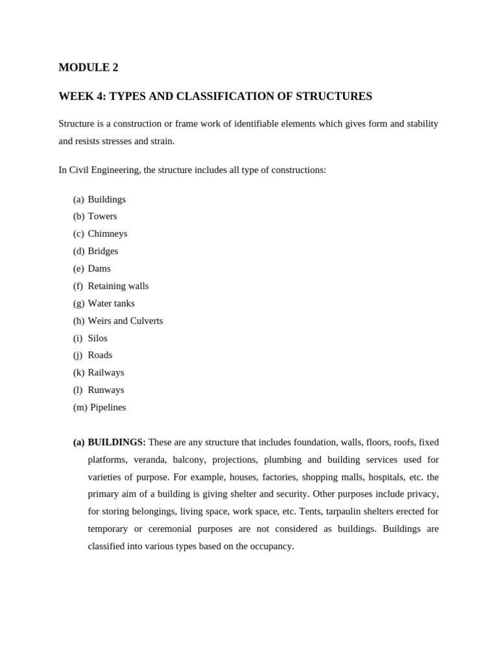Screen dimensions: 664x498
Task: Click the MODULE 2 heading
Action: click(88, 67)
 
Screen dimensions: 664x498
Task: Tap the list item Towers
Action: click(102, 217)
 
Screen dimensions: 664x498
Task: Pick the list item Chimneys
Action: click(108, 234)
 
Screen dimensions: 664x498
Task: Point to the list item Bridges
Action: click(103, 251)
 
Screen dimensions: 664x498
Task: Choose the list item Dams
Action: click(99, 268)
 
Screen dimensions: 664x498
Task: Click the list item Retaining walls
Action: click(118, 286)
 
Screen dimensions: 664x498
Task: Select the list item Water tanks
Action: click(112, 303)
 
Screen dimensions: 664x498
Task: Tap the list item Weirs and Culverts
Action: click(125, 321)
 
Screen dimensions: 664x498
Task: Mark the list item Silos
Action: click(98, 338)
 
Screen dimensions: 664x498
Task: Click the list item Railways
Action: click(106, 373)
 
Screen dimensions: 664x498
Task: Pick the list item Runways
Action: click(106, 390)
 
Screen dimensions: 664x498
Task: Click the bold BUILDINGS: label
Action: click(117, 442)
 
